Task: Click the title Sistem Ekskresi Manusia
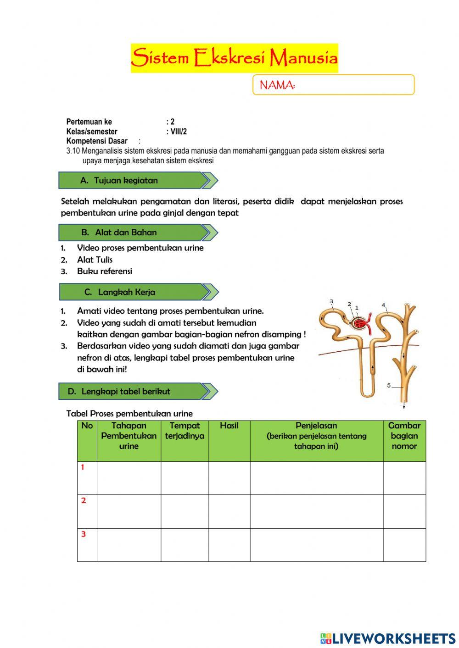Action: (x=234, y=58)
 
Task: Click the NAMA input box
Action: (x=333, y=85)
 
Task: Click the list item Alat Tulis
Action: (x=95, y=260)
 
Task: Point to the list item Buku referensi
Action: (x=104, y=271)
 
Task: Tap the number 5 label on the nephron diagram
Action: (x=389, y=385)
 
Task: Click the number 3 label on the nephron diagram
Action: (x=331, y=301)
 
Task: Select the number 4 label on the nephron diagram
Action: (x=383, y=305)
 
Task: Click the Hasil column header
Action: (x=229, y=426)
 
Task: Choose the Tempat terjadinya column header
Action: (x=185, y=431)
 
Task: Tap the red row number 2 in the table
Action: (x=84, y=501)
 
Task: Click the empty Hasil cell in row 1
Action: (x=229, y=478)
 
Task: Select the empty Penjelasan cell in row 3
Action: (x=316, y=545)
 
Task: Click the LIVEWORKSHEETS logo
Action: (x=388, y=638)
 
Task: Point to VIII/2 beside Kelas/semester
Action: (x=178, y=132)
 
